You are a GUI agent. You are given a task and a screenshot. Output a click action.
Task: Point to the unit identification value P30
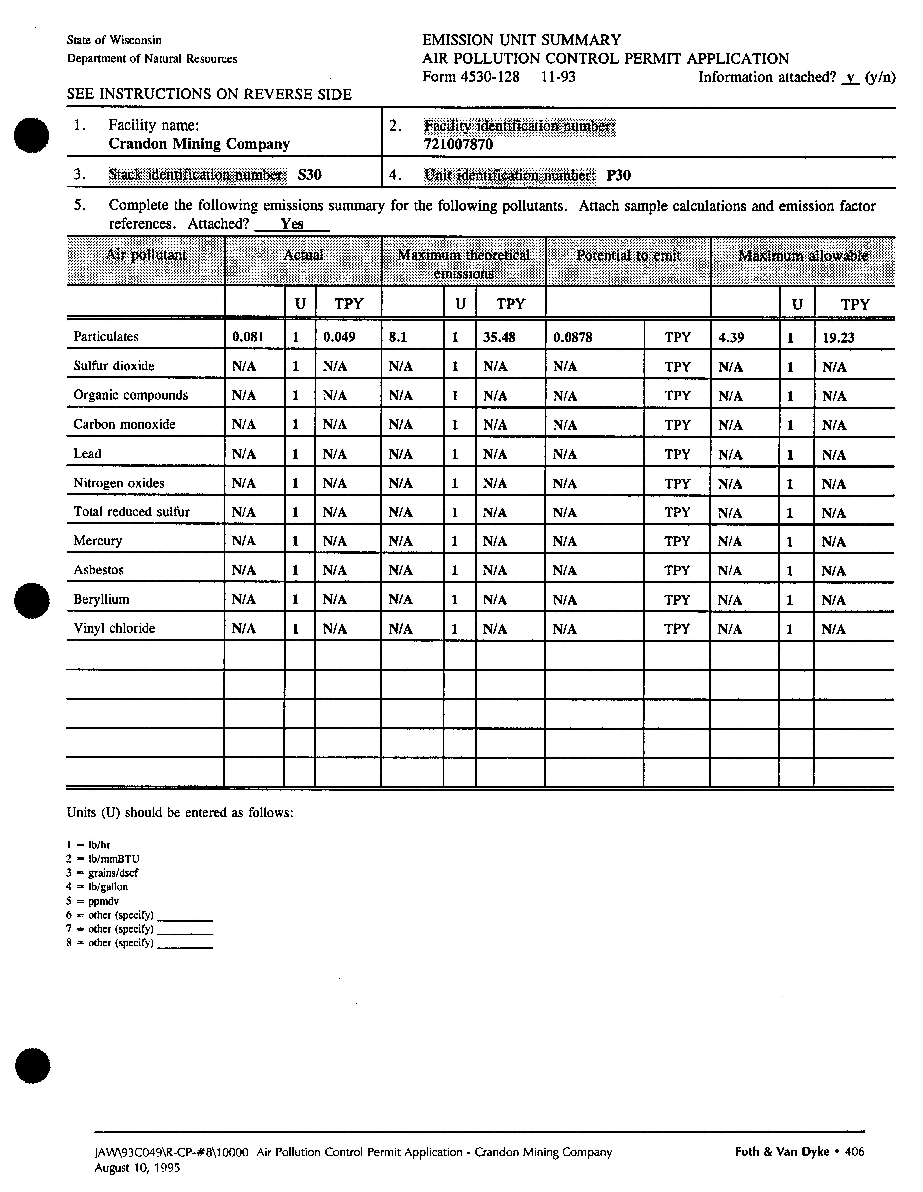coord(618,175)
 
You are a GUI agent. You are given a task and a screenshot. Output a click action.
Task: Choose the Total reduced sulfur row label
coord(131,511)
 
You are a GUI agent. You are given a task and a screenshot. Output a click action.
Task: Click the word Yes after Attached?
coord(292,224)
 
